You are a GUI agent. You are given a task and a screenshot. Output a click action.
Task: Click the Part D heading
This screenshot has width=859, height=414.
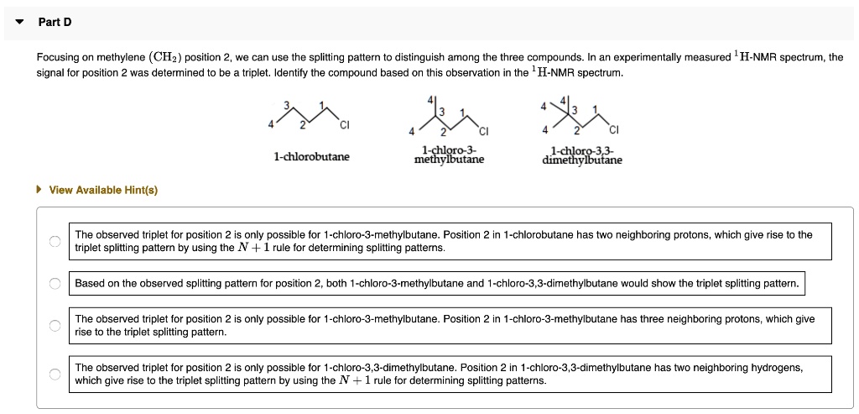[x=55, y=22]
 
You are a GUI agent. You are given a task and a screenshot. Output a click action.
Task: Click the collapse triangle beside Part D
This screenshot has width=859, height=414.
[x=19, y=22]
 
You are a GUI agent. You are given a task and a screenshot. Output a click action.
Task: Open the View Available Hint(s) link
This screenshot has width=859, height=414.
[x=103, y=190]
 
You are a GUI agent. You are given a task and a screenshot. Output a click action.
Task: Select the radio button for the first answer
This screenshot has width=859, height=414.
[x=55, y=241]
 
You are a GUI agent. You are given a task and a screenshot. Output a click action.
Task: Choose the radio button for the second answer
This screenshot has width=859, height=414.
[x=55, y=284]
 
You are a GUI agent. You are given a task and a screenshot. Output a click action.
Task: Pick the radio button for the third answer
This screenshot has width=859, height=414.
[x=55, y=325]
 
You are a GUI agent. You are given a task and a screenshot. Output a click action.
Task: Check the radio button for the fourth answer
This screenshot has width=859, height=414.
[x=55, y=374]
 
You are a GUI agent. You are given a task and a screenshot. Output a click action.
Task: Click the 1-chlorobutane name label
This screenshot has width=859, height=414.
[x=311, y=157]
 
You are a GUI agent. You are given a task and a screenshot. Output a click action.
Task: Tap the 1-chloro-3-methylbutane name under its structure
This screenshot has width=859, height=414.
[x=449, y=155]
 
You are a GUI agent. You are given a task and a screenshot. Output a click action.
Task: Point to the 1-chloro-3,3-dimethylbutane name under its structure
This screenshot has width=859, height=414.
[x=582, y=155]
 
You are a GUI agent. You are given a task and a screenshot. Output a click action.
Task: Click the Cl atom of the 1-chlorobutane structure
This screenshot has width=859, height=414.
[x=344, y=127]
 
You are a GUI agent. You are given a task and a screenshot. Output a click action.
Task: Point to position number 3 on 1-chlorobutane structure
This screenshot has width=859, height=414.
[x=286, y=105]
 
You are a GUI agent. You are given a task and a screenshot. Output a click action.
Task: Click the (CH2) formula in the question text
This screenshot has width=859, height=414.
[x=163, y=57]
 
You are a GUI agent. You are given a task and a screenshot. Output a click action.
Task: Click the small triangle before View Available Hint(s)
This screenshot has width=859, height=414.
[x=39, y=190]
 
